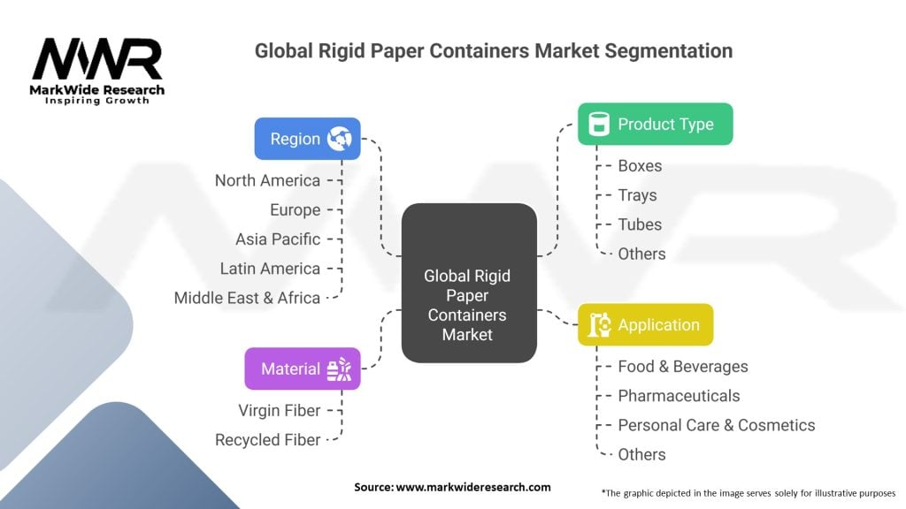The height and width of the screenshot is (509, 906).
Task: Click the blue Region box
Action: point(307,139)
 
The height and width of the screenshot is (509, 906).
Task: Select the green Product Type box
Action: point(656,124)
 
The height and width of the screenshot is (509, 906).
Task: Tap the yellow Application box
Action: point(645,325)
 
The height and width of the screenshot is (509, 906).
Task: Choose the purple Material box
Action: point(303,368)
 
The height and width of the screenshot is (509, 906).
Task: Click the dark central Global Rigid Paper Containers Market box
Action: point(469,283)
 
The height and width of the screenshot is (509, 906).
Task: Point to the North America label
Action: point(267,180)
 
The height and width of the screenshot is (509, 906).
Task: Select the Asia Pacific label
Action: point(278,239)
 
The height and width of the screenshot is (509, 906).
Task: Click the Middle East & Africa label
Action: point(248,298)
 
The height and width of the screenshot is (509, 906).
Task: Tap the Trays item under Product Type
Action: point(637,195)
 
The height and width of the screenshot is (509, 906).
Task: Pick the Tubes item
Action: point(640,224)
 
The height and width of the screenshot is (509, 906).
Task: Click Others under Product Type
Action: point(642,254)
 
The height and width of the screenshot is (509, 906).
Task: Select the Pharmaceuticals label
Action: point(679,396)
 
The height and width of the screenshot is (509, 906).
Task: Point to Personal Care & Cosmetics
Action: point(717,425)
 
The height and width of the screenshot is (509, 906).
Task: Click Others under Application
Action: point(642,455)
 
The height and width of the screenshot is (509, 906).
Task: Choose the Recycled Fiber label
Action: point(267,440)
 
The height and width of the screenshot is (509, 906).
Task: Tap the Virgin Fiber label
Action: point(280,410)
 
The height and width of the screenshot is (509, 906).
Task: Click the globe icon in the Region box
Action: point(339,139)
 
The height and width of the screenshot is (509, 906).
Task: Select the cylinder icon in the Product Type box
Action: point(599,124)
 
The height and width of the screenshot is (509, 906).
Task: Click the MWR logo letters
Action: point(97,59)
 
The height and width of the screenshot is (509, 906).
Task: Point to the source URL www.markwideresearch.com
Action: point(473,487)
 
